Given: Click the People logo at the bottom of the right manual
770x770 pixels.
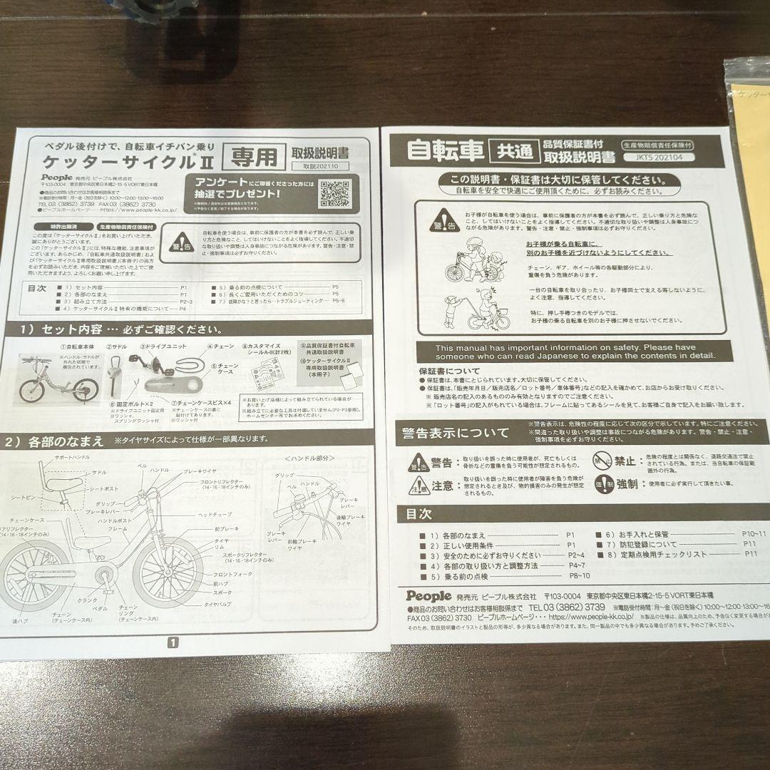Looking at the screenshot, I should (429, 595).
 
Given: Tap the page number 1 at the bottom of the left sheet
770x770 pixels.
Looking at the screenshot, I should (172, 642).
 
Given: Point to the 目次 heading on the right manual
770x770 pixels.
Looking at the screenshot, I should (418, 513).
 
